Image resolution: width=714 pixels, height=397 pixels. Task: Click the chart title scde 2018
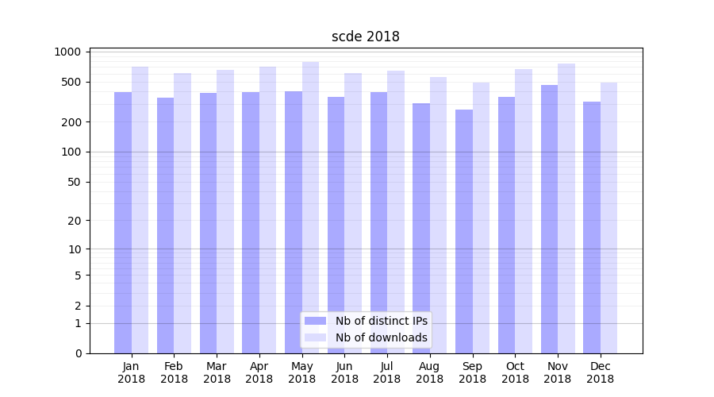[365, 37]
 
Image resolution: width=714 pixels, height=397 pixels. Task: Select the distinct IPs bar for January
[123, 222]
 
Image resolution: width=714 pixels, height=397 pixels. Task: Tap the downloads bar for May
[310, 206]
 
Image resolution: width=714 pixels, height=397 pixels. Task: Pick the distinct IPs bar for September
[464, 230]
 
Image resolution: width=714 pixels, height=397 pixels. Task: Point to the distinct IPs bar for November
[549, 218]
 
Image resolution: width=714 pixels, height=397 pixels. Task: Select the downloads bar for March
[225, 211]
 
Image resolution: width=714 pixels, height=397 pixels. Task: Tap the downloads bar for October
[524, 210]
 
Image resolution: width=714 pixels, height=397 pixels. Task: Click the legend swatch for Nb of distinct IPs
[315, 321]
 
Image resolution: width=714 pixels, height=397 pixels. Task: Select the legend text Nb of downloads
[381, 337]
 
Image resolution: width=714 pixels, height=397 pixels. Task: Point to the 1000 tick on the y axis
[68, 52]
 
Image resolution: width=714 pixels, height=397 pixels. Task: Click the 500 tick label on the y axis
[71, 82]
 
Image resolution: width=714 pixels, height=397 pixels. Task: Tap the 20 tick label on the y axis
[75, 221]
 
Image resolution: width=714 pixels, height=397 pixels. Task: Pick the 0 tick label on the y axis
[78, 353]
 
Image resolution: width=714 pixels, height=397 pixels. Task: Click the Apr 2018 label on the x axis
[259, 372]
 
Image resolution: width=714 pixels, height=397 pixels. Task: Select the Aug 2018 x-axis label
[430, 372]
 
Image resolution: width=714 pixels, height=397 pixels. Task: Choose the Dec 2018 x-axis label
[601, 372]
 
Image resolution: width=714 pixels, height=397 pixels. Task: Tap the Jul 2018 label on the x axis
[387, 372]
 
